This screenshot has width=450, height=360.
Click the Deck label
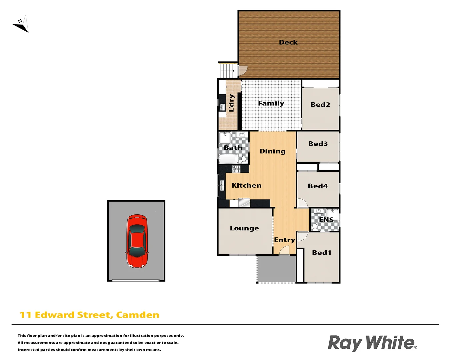click(x=288, y=42)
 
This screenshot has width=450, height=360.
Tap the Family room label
click(x=271, y=103)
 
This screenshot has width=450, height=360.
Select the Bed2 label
click(x=320, y=105)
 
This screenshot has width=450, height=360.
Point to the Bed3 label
click(x=318, y=144)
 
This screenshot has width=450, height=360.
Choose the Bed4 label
click(x=318, y=186)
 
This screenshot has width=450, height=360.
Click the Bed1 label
click(x=321, y=253)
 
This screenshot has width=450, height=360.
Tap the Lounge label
click(x=244, y=228)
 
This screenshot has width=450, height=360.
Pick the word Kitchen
click(x=246, y=185)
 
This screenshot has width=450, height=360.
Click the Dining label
click(x=272, y=151)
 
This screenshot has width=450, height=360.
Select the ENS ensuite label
click(x=326, y=220)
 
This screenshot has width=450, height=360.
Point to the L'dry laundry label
click(x=231, y=103)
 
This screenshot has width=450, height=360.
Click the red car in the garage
click(x=137, y=241)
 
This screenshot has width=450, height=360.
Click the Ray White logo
click(x=372, y=343)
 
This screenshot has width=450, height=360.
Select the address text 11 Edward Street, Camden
click(x=89, y=315)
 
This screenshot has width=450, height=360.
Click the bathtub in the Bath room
click(x=229, y=159)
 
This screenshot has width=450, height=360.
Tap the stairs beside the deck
click(x=228, y=70)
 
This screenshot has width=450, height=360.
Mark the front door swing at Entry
click(x=284, y=250)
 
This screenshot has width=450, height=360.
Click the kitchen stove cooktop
click(x=236, y=169)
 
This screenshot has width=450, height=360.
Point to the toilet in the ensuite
click(x=315, y=227)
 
